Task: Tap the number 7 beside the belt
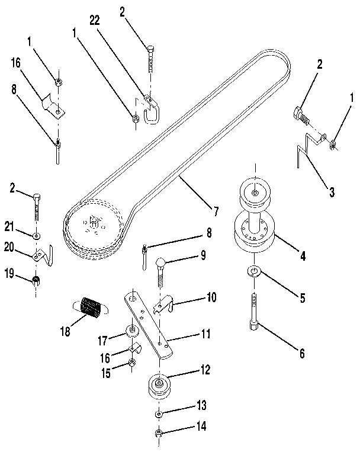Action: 216,210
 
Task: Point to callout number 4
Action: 302,257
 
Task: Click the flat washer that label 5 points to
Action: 255,273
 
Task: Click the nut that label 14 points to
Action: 158,434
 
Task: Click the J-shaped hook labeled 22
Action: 153,107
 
